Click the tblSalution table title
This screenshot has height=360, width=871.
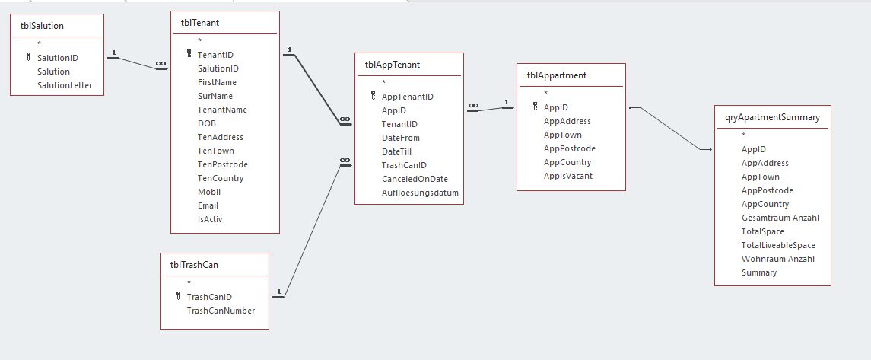[43, 26]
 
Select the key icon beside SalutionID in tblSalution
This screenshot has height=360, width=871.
[28, 57]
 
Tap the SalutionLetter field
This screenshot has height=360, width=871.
[65, 85]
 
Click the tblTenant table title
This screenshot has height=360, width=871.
[200, 23]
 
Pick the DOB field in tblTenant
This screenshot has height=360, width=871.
[207, 123]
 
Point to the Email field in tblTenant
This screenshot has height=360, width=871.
[208, 205]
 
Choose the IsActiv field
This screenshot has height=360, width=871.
[210, 219]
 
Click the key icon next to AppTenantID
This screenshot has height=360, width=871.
[374, 97]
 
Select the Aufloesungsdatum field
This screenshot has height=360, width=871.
[420, 193]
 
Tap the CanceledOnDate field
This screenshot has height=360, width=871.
[415, 179]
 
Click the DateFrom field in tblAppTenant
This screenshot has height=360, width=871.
[400, 138]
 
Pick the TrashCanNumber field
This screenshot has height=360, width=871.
[221, 311]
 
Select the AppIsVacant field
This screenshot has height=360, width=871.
[567, 176]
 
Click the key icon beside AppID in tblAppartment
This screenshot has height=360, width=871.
[536, 107]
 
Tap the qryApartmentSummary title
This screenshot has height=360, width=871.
[772, 117]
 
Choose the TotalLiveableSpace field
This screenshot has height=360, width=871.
[778, 245]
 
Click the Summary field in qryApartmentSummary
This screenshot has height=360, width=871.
[759, 272]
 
